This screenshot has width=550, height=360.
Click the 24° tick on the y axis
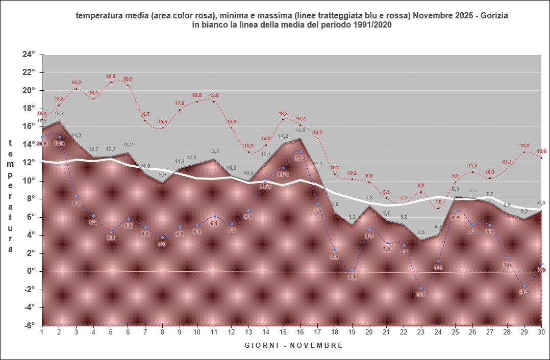pyautogui.click(x=28, y=54)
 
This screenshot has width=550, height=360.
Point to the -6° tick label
pyautogui.click(x=28, y=325)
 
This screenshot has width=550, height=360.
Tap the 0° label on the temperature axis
pyautogui.click(x=31, y=271)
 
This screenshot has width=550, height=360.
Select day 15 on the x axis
pyautogui.click(x=283, y=332)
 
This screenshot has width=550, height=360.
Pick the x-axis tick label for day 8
pyautogui.click(x=162, y=332)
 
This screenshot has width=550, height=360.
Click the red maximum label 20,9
pyautogui.click(x=111, y=76)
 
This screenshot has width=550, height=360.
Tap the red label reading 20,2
pyautogui.click(x=76, y=82)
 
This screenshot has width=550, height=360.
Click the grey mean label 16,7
pyautogui.click(x=59, y=114)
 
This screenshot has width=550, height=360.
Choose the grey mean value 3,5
pyautogui.click(x=421, y=233)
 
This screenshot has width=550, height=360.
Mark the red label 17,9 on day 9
pyautogui.click(x=179, y=104)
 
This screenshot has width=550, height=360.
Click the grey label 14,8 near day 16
pyautogui.click(x=300, y=131)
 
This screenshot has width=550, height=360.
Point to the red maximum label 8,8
pyautogui.click(x=421, y=186)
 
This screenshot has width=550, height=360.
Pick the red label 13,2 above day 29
pyautogui.click(x=524, y=146)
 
